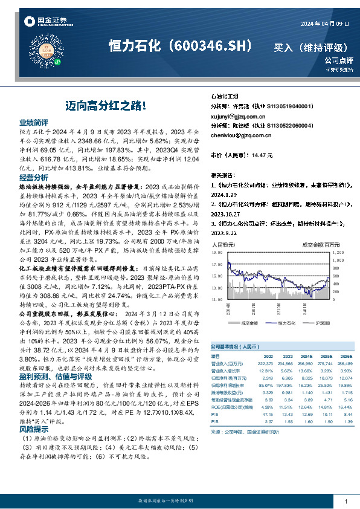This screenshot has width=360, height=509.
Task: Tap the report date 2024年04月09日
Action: point(324,23)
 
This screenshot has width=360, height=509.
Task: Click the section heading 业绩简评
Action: point(33,122)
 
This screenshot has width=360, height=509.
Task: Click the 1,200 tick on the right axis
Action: point(338,252)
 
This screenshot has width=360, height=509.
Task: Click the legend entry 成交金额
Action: point(249,324)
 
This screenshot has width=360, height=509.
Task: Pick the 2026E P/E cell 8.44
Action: point(346,413)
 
